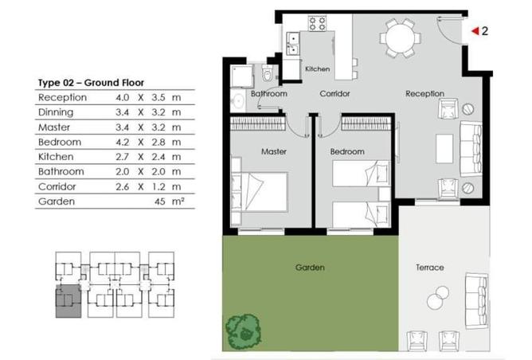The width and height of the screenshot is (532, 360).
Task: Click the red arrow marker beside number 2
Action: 474,31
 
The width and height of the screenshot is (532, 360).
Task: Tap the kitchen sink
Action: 292,43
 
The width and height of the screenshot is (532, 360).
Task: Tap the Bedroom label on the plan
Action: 347,151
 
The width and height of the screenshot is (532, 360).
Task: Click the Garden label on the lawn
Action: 309,268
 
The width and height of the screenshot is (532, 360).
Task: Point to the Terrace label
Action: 429,268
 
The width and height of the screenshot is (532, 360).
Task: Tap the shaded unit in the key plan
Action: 68,301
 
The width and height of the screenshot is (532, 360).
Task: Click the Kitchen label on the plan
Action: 317,69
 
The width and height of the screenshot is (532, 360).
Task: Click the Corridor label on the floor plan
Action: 335,94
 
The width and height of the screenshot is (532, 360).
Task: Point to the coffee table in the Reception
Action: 444,150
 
